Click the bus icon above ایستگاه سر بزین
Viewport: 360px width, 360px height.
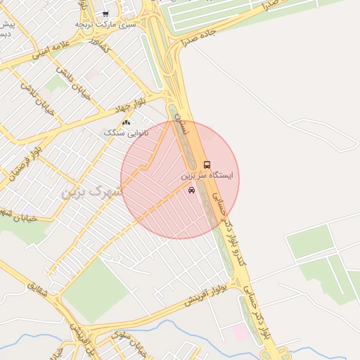tap(206, 164)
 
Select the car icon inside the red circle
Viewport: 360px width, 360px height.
tap(192, 191)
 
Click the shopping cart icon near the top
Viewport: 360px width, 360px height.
tap(105, 13)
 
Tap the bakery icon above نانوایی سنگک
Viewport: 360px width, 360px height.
tap(126, 122)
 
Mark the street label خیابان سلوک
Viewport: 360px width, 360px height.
tap(129, 344)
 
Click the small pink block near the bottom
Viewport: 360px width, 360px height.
tap(240, 332)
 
